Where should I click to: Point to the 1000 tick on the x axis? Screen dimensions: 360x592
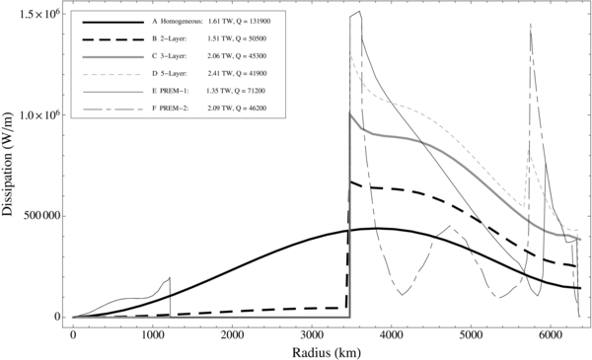[x=153, y=333]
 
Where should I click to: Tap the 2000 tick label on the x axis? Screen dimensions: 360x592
[x=232, y=333]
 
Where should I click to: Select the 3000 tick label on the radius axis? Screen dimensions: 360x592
[x=312, y=333]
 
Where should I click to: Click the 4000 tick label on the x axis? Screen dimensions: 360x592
[x=391, y=333]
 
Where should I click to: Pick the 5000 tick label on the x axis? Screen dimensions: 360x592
[x=471, y=333]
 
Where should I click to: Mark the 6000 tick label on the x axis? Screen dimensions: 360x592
[x=550, y=333]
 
